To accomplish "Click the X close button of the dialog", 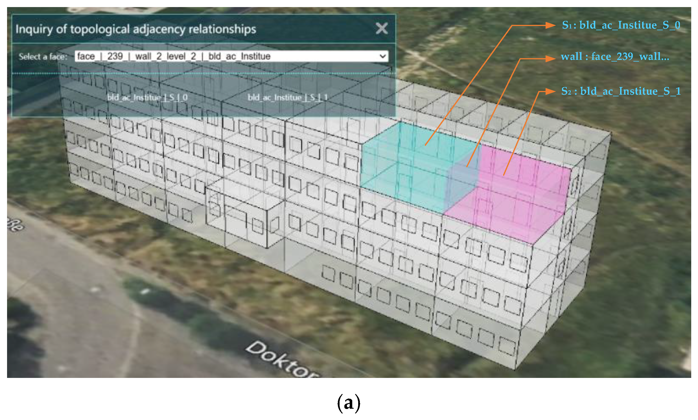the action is tap(382, 28).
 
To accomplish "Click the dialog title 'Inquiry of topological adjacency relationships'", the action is tap(136, 29).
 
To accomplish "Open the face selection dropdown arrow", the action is tap(383, 56).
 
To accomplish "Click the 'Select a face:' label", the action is tap(43, 56).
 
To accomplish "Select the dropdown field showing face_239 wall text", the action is tap(226, 56).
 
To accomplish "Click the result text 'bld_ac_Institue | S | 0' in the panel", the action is tap(147, 98).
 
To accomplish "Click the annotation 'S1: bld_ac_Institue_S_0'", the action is tap(621, 25).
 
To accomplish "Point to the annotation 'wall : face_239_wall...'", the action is tap(615, 56).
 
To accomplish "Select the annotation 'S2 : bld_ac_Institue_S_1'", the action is tap(621, 91).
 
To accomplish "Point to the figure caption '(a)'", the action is tap(349, 403).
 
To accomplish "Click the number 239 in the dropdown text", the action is tap(115, 56).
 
